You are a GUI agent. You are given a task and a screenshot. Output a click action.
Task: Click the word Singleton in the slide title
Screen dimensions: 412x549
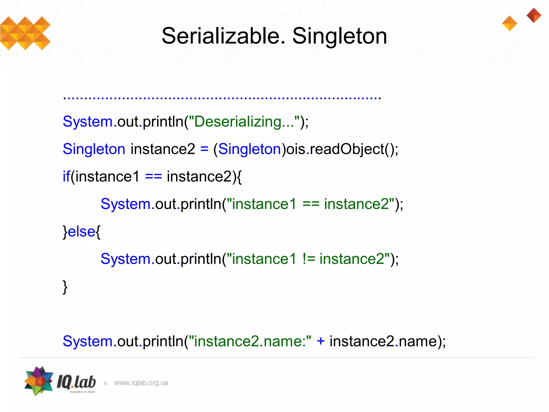tap(339, 36)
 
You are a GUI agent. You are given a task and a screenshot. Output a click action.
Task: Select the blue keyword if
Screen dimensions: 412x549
tap(66, 176)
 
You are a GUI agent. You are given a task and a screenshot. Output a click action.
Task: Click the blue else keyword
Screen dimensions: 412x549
tap(81, 231)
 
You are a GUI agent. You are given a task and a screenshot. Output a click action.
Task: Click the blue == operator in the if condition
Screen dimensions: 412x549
tap(153, 176)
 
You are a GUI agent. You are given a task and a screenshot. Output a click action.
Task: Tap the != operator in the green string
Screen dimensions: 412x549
tap(309, 259)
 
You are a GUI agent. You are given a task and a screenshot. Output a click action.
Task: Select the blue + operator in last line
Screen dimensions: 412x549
tap(320, 341)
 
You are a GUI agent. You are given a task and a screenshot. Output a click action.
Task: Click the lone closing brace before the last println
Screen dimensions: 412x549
tap(65, 287)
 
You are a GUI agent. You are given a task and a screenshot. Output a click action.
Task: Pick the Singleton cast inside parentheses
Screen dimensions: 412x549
tap(249, 149)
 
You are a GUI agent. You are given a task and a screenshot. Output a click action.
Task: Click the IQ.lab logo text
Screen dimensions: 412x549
tap(76, 382)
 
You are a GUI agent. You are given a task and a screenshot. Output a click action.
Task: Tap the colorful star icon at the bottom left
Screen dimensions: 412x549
tap(39, 381)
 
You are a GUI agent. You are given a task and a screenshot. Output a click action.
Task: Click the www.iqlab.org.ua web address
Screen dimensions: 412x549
tap(141, 383)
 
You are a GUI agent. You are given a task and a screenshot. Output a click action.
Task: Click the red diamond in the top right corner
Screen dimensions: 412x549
tap(534, 15)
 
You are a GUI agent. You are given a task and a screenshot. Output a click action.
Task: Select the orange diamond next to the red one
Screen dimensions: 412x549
tap(509, 23)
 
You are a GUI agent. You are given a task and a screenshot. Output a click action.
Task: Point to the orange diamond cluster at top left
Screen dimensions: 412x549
tap(25, 33)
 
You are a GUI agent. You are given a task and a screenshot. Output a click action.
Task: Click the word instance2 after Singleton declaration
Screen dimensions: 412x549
tap(163, 149)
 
